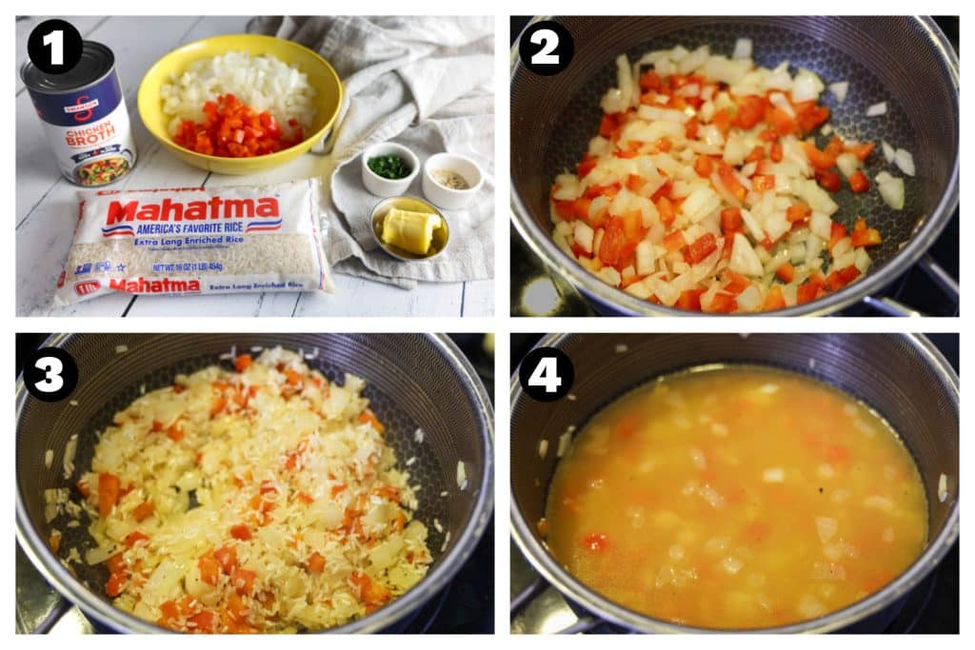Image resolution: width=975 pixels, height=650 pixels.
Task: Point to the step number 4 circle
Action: [546, 373]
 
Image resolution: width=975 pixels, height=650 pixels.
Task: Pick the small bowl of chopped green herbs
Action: [389, 168]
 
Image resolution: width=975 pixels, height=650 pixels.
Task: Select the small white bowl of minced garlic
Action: [451, 179]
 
